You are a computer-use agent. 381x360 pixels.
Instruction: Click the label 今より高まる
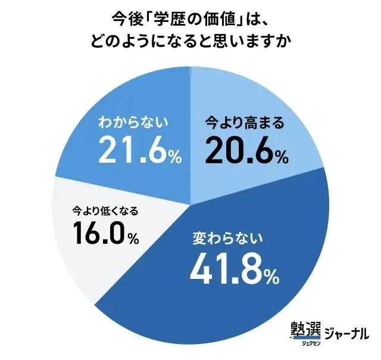[243, 123]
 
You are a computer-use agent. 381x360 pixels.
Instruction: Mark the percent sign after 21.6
[174, 158]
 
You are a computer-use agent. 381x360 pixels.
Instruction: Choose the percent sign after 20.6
[282, 157]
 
